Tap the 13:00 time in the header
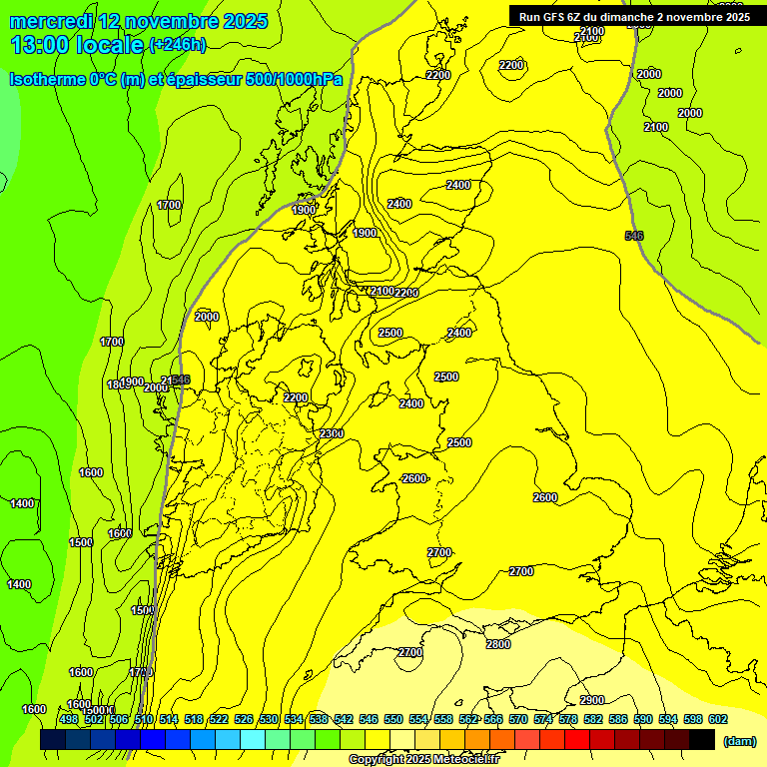(x=43, y=44)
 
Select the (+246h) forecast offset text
(x=177, y=44)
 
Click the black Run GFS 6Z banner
(x=634, y=16)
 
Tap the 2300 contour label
(x=332, y=432)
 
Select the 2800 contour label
(x=497, y=644)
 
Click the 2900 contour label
(x=592, y=700)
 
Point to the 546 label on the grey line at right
(x=633, y=236)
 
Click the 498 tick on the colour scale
(x=69, y=719)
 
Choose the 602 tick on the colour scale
(x=717, y=719)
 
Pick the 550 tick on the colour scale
(x=393, y=719)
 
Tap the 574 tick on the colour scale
(x=543, y=719)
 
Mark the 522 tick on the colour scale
(x=219, y=719)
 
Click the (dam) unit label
(x=739, y=740)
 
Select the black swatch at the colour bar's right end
(x=702, y=739)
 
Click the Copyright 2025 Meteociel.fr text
(x=424, y=759)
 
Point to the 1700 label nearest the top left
(x=169, y=205)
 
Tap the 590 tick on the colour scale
(x=643, y=719)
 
